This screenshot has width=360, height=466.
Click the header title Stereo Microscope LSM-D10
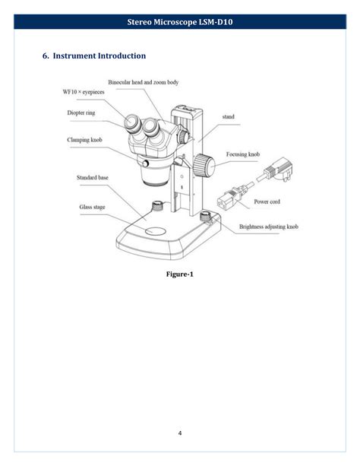[180, 23]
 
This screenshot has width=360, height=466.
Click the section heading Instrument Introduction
[93, 55]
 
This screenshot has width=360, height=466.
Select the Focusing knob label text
[243, 154]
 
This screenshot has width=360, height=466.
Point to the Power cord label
[267, 201]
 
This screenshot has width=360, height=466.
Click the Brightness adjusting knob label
[268, 227]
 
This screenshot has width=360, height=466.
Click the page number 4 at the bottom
[180, 433]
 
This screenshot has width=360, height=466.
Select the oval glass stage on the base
[156, 230]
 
